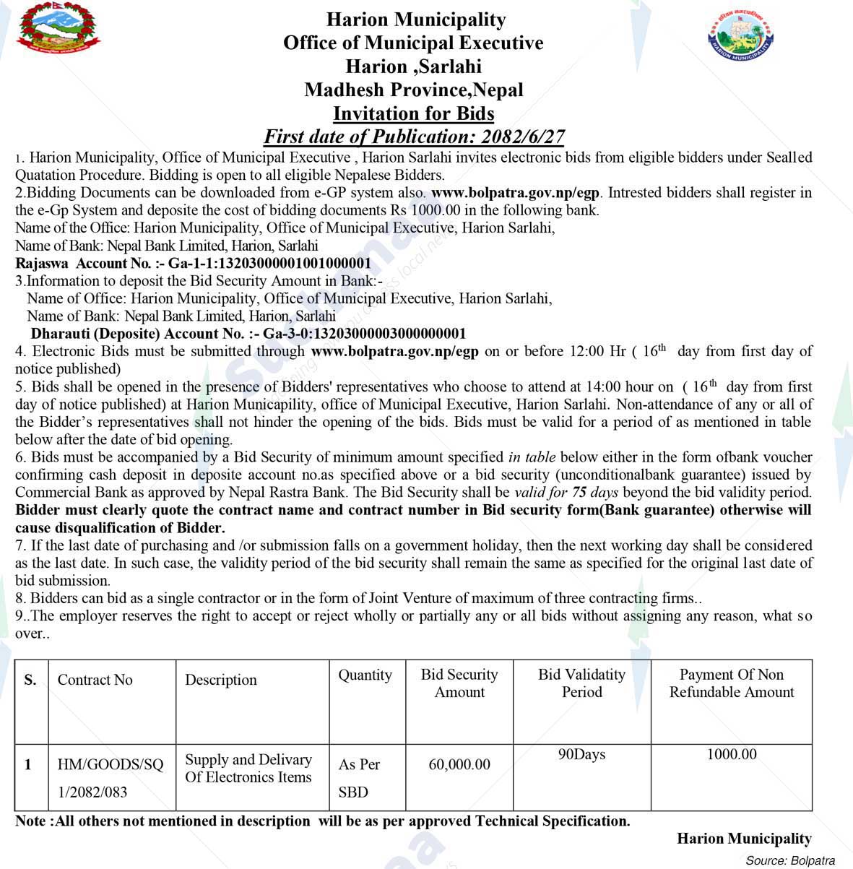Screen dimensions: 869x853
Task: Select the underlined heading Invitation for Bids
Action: coord(413,113)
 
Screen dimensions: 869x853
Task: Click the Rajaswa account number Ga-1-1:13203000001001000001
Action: coord(269,263)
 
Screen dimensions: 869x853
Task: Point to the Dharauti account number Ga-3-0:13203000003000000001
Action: coord(364,334)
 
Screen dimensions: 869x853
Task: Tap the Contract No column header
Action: coord(95,680)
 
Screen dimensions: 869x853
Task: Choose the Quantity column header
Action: coord(365,675)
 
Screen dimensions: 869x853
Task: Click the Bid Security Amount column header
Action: coord(459,683)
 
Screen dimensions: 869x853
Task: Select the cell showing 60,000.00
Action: coord(459,764)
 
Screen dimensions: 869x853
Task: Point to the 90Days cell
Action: coord(581,755)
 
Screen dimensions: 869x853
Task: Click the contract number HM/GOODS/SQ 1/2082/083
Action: coord(110,778)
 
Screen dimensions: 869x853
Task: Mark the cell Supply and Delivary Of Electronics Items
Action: coord(248,769)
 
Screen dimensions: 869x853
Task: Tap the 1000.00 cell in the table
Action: coord(732,755)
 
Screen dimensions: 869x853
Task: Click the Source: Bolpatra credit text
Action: coord(790,860)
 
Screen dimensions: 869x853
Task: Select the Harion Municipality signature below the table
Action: coord(744,839)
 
